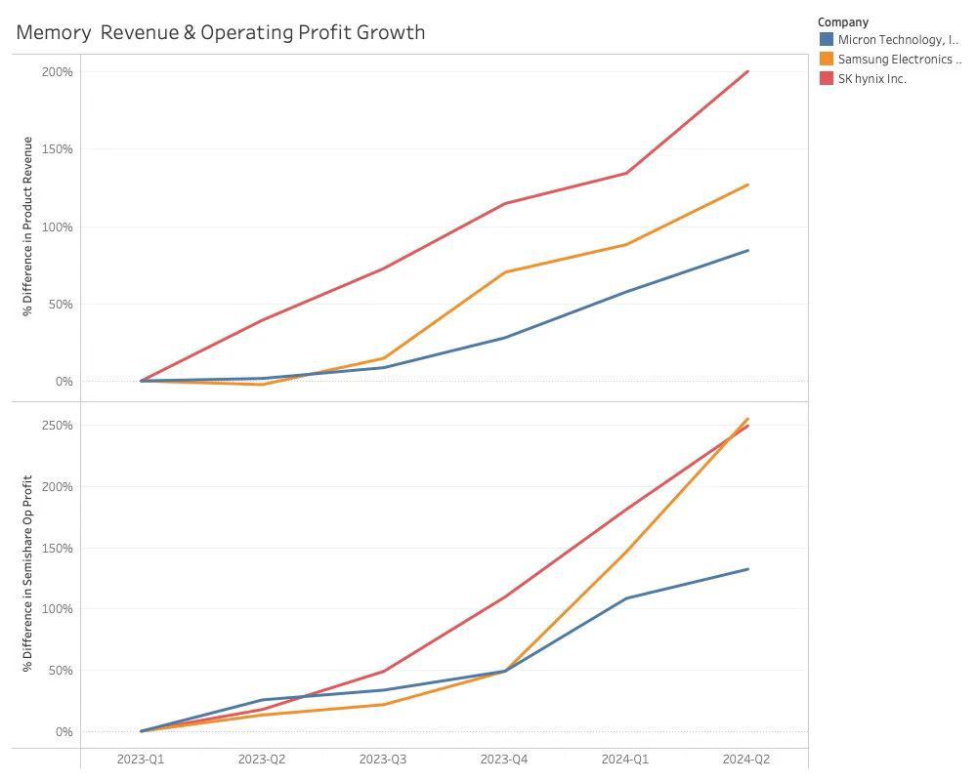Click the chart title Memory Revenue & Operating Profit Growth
click(x=221, y=32)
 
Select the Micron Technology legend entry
click(x=897, y=40)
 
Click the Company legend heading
click(x=843, y=21)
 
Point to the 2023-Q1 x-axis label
click(x=141, y=759)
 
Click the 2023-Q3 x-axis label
click(x=383, y=759)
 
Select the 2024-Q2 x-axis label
click(x=746, y=759)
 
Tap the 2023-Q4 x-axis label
click(x=504, y=759)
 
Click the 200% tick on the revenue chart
click(x=57, y=72)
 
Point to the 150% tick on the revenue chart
click(x=57, y=149)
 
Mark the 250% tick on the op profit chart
click(x=57, y=426)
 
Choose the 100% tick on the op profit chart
click(x=57, y=609)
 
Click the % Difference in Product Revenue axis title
click(x=28, y=226)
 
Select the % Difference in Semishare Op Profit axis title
click(x=28, y=573)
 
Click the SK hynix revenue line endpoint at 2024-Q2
click(x=747, y=71)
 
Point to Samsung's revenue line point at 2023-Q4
click(x=505, y=272)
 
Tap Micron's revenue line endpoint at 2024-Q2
click(x=747, y=251)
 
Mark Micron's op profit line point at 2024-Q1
click(x=626, y=598)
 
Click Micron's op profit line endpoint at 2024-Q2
click(x=747, y=569)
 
